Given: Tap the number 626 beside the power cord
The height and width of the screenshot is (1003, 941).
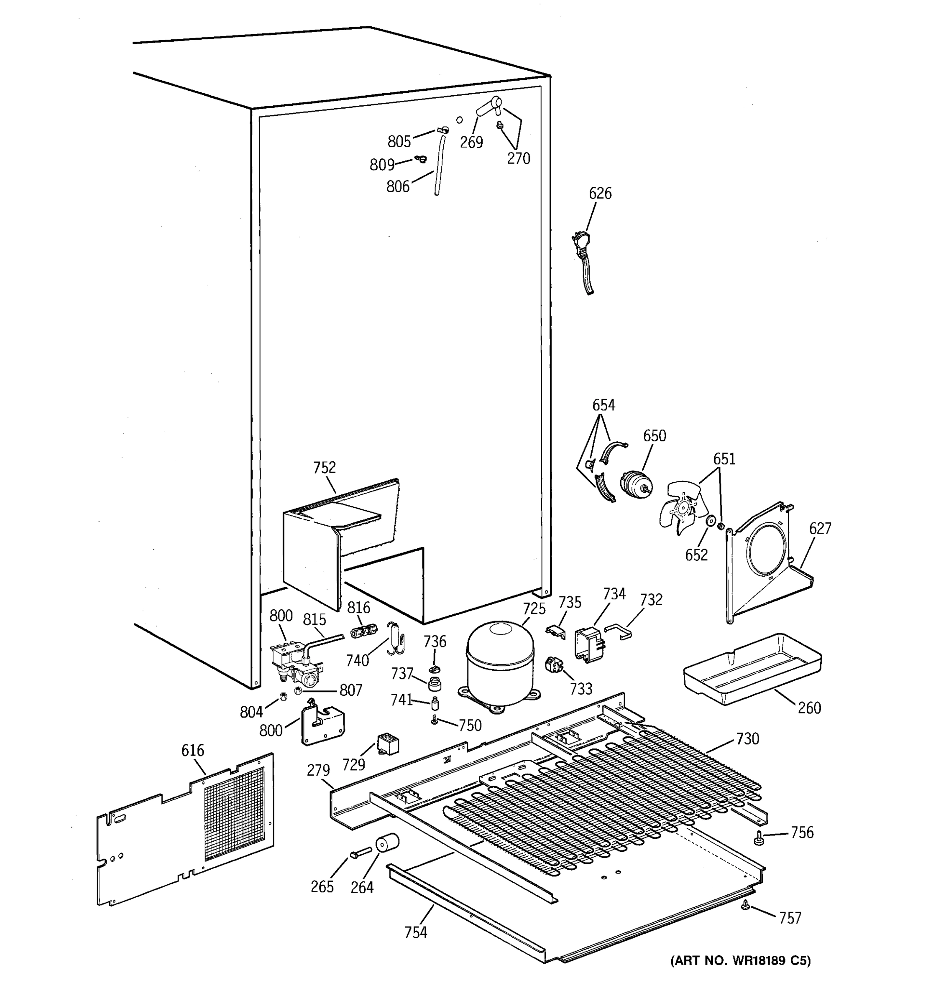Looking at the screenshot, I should point(600,193).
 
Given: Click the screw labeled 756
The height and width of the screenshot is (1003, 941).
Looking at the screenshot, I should point(758,838).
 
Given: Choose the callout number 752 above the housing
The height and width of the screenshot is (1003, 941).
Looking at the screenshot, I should point(324,468).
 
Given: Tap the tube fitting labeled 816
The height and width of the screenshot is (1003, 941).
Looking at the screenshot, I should point(363,631).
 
